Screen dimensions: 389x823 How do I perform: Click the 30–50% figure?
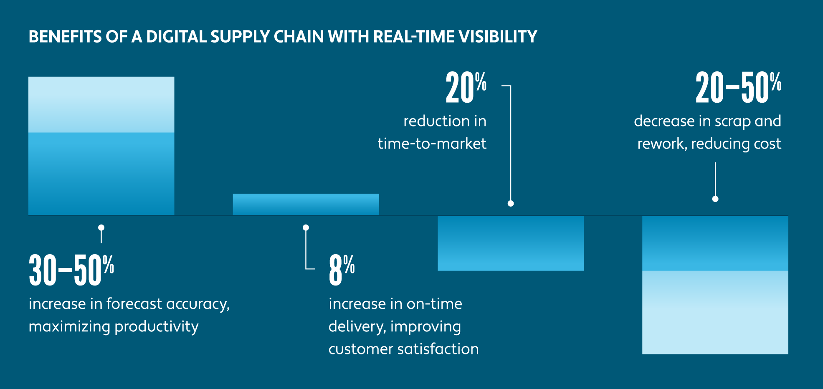71,270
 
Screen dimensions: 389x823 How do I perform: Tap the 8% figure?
341,270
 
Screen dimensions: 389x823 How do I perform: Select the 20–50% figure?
738,88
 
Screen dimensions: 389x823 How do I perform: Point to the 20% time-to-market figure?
466,88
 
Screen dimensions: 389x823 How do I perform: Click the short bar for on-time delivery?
306,204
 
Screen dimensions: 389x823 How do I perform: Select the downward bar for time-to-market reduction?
510,243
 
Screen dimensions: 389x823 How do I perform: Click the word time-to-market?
432,144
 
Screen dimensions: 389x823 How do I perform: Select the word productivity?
157,326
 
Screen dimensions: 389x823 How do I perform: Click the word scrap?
732,121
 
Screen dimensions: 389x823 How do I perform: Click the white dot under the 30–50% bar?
101,227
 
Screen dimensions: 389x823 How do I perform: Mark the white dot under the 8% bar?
306,227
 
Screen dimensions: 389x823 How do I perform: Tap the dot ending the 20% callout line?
510,203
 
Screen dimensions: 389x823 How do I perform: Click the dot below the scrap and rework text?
715,199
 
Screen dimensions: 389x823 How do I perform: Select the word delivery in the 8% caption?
356,326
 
